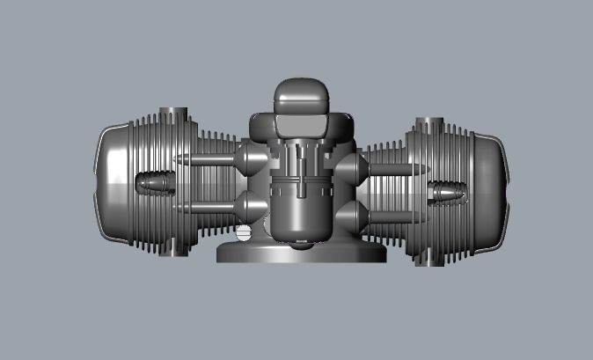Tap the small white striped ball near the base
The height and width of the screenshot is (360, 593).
pos(243,234)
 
